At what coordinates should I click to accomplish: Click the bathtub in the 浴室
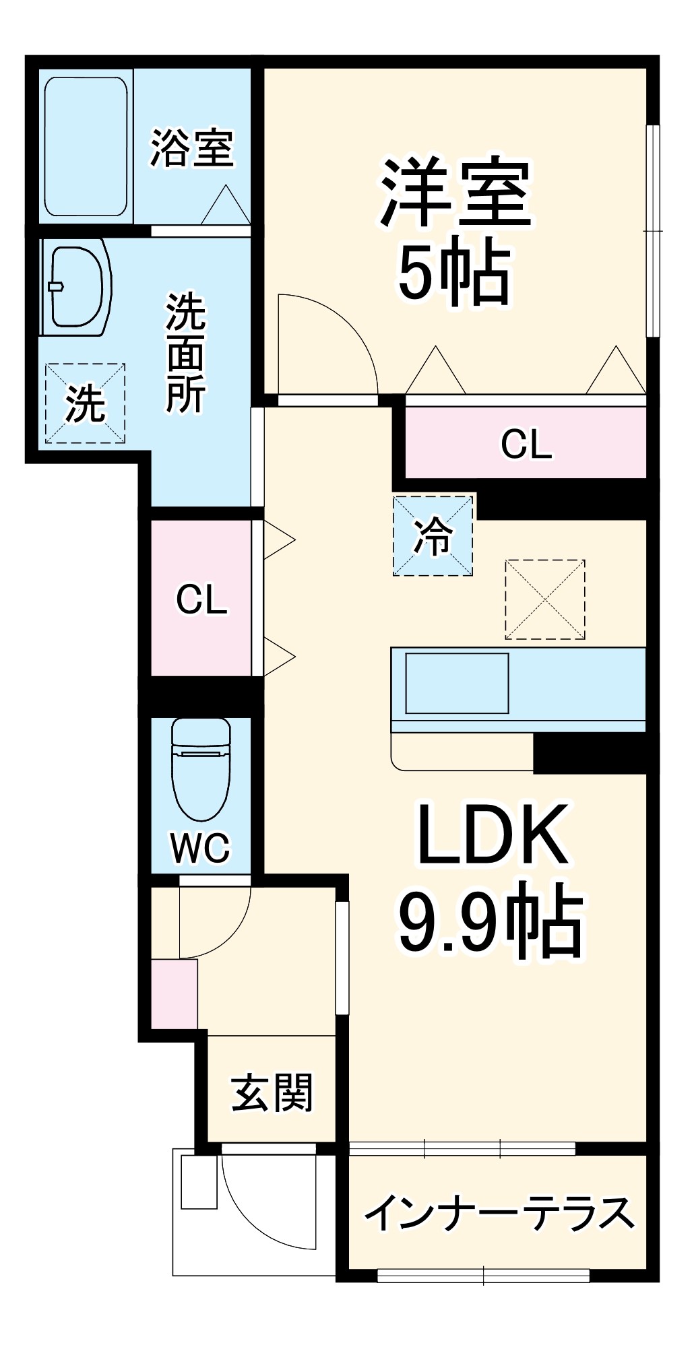(x=86, y=146)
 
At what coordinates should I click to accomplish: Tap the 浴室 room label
(x=192, y=148)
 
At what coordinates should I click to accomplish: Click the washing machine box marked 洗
(x=85, y=403)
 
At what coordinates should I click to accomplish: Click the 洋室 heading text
(x=456, y=193)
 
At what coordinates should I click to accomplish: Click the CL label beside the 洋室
(x=526, y=444)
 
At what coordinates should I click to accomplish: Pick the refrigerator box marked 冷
(x=433, y=536)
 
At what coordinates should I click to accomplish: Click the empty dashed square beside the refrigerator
(x=544, y=599)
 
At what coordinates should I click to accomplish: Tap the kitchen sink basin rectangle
(x=457, y=683)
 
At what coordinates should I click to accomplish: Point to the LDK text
(x=492, y=835)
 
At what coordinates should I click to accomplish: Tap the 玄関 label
(x=272, y=1092)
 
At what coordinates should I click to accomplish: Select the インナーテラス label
(x=499, y=1212)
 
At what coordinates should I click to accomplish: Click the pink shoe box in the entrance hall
(x=174, y=993)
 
